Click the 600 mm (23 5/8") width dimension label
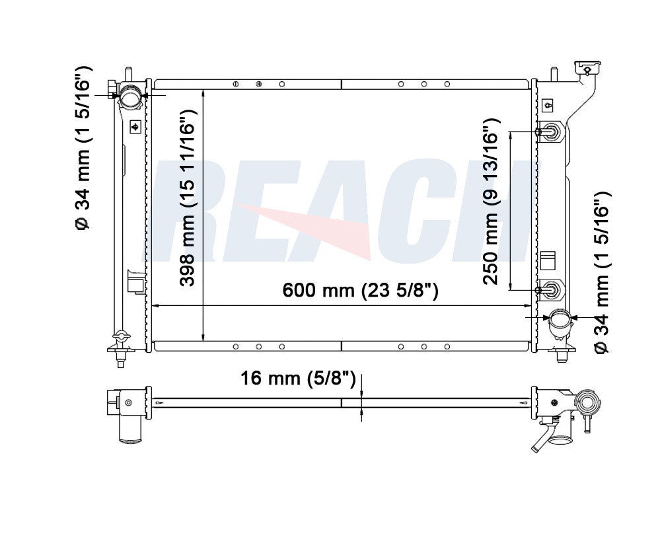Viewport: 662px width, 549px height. click(360, 291)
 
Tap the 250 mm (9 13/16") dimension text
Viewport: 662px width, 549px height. click(492, 201)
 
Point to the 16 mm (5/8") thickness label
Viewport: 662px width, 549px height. click(298, 378)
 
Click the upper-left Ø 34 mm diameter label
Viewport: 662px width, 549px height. click(83, 148)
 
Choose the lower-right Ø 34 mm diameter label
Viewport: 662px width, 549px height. click(602, 274)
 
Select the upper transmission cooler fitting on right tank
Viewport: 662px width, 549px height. click(548, 132)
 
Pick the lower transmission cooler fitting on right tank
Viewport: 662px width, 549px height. click(548, 290)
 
